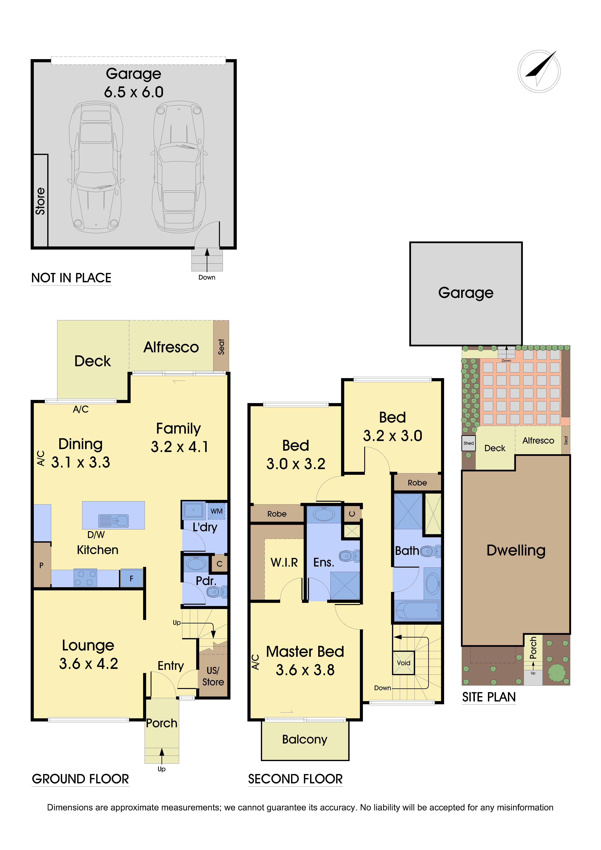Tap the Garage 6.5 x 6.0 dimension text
coord(134,92)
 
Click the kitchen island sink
coord(113,520)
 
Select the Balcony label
coord(305,739)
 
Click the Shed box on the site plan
coord(468,443)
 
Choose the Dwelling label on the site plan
coord(516,551)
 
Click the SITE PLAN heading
coord(489,697)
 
